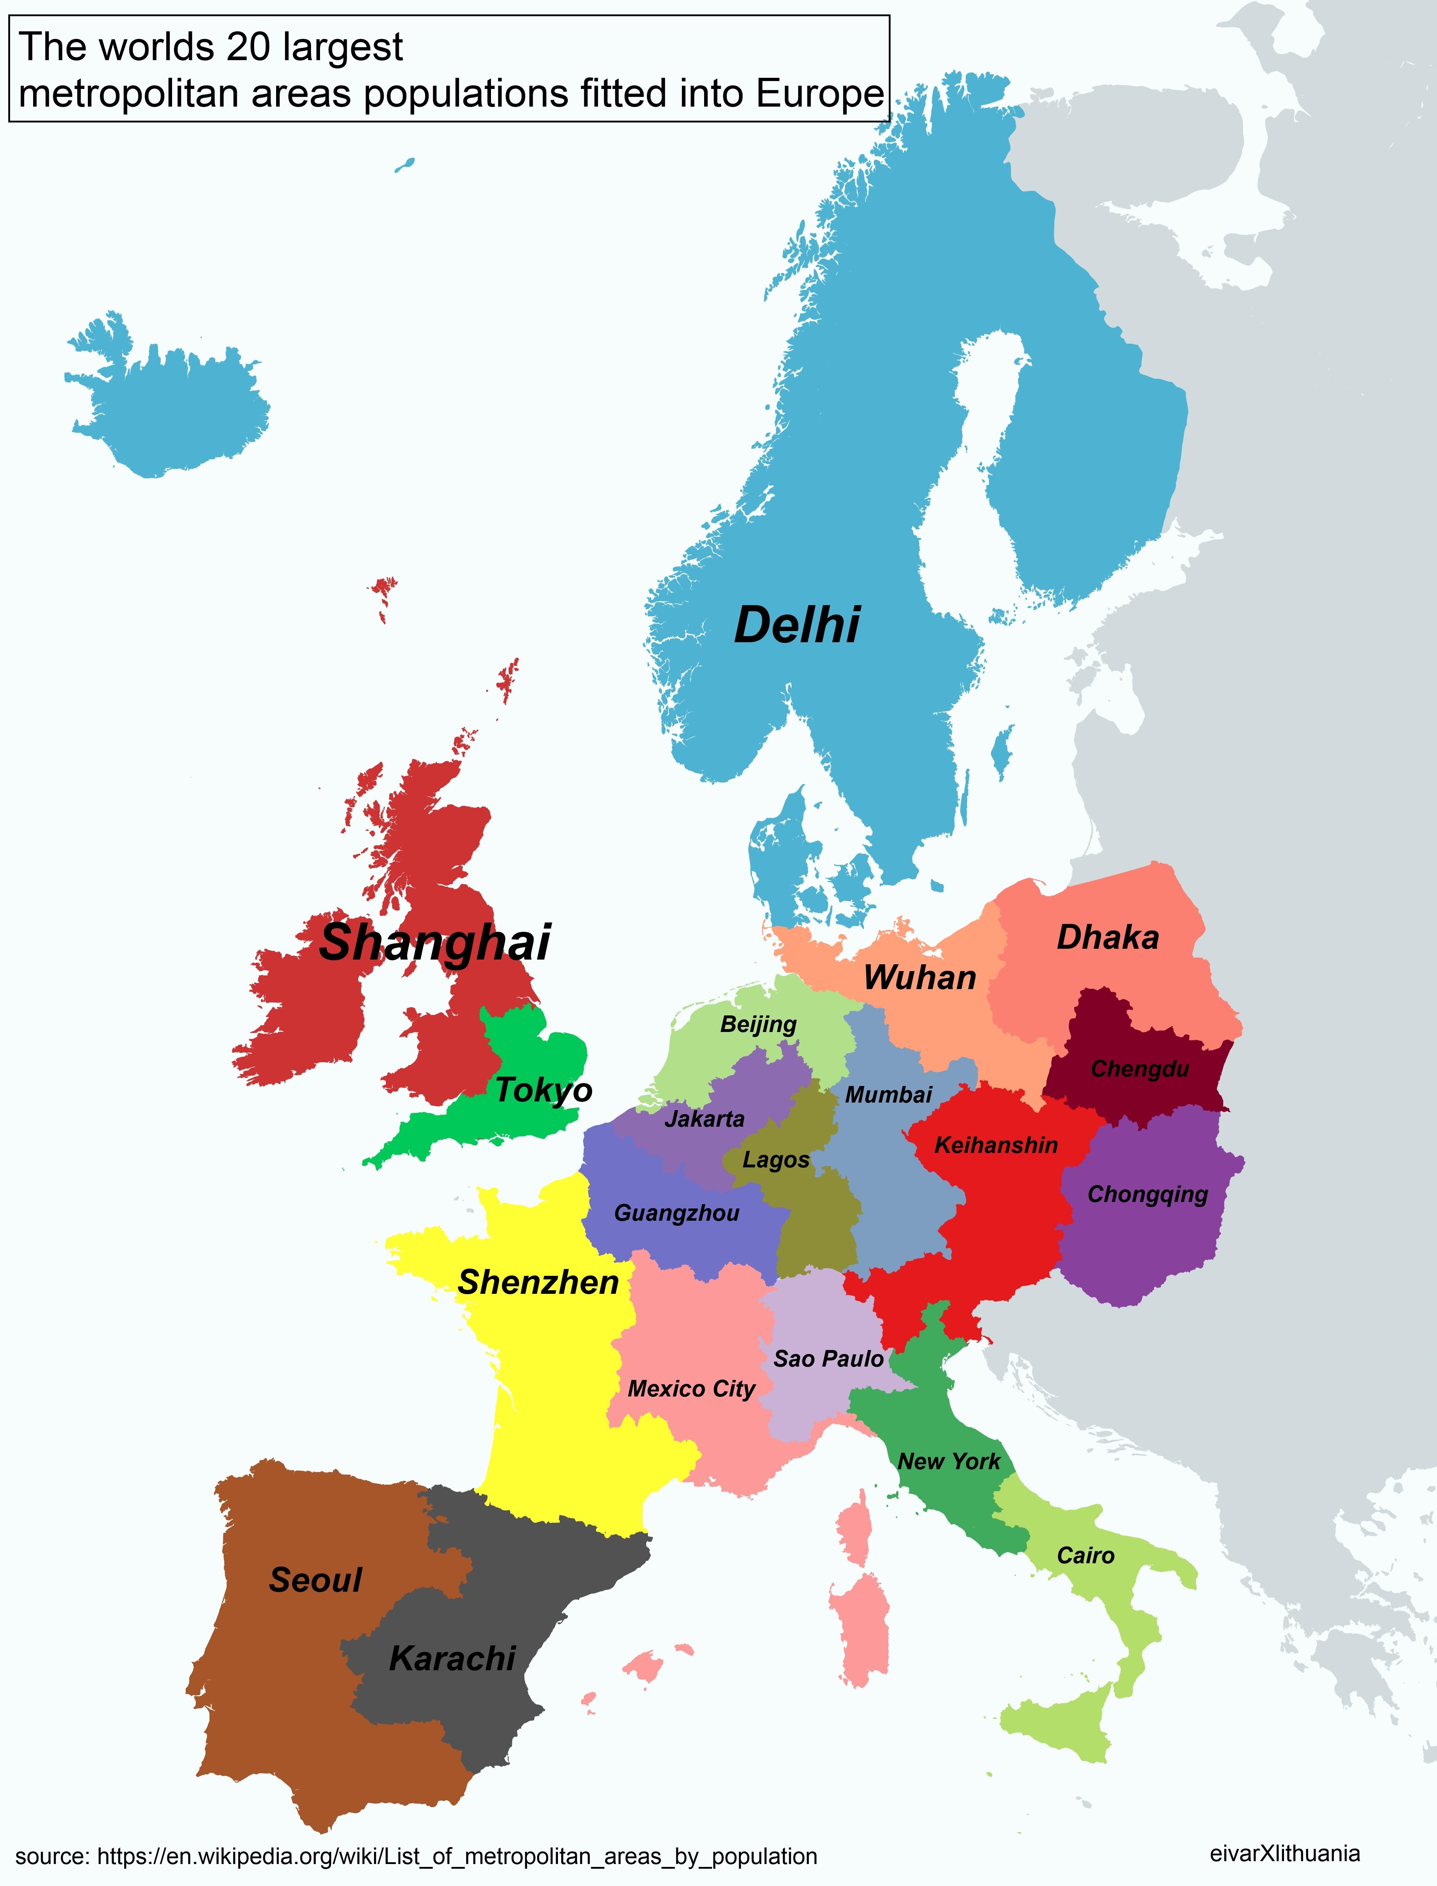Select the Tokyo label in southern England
point(544,1090)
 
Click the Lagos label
point(776,1160)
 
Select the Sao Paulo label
point(828,1359)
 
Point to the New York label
point(949,1462)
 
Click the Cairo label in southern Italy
point(1085,1556)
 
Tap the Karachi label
point(452,1659)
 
